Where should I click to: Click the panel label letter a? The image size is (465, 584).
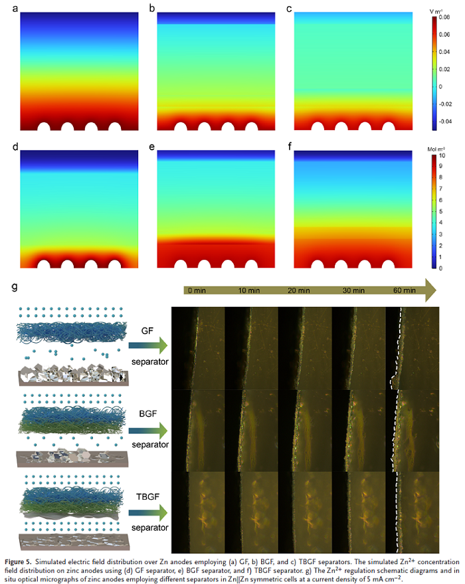[22, 8]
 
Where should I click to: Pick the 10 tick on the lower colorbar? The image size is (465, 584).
[443, 155]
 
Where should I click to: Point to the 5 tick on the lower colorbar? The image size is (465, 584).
[442, 211]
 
